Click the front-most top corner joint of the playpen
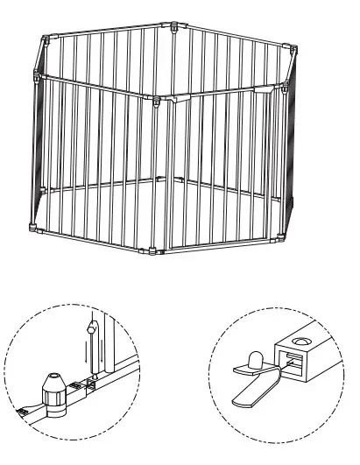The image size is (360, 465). coord(155,97)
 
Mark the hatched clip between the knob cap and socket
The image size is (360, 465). coord(75,387)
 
